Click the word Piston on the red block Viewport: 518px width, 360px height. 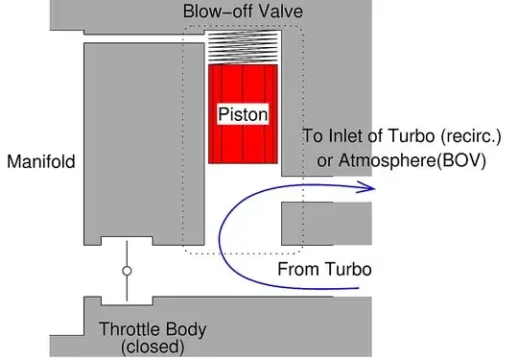click(243, 113)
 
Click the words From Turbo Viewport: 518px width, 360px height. click(323, 268)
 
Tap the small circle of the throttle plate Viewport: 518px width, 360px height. click(126, 272)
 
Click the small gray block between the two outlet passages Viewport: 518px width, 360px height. click(325, 222)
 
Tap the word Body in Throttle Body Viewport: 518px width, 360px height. click(186, 330)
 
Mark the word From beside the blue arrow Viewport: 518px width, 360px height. click(295, 268)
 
